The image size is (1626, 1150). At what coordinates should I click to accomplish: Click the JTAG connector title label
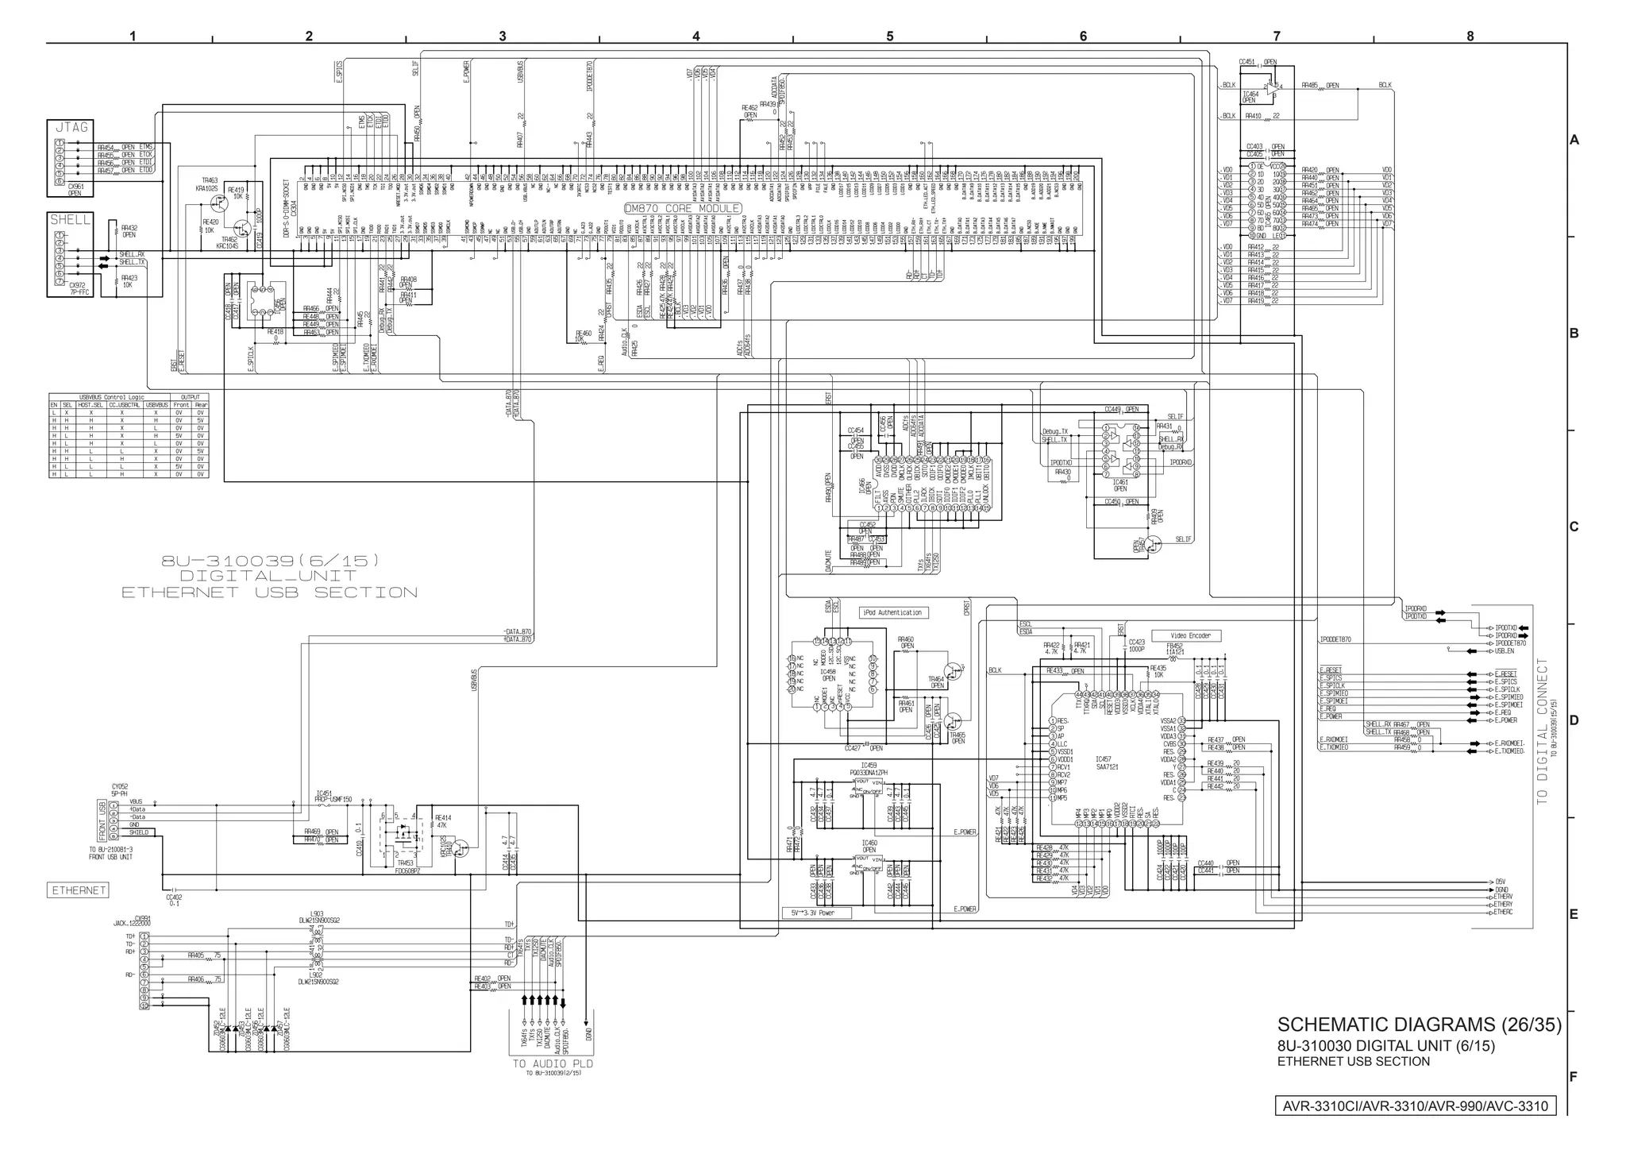pyautogui.click(x=71, y=128)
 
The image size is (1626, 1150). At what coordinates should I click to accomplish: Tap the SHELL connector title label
pyautogui.click(x=71, y=220)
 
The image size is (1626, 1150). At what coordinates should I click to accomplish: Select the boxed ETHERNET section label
pyautogui.click(x=79, y=890)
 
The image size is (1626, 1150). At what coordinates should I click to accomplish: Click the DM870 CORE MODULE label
pyautogui.click(x=683, y=208)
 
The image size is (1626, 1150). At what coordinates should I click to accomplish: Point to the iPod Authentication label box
pyautogui.click(x=894, y=612)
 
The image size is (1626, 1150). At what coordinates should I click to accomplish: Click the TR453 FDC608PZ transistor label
pyautogui.click(x=405, y=866)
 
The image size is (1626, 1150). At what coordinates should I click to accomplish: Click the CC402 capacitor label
pyautogui.click(x=174, y=900)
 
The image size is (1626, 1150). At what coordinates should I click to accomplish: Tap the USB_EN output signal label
pyautogui.click(x=1505, y=651)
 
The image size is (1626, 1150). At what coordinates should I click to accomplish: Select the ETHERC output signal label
pyautogui.click(x=1502, y=912)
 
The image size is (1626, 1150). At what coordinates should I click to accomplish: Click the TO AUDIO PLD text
pyautogui.click(x=553, y=1063)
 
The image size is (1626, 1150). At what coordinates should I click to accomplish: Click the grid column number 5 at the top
pyautogui.click(x=889, y=36)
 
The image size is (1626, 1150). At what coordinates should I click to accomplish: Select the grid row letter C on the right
pyautogui.click(x=1574, y=527)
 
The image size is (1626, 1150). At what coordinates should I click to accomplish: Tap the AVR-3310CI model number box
pyautogui.click(x=1415, y=1106)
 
